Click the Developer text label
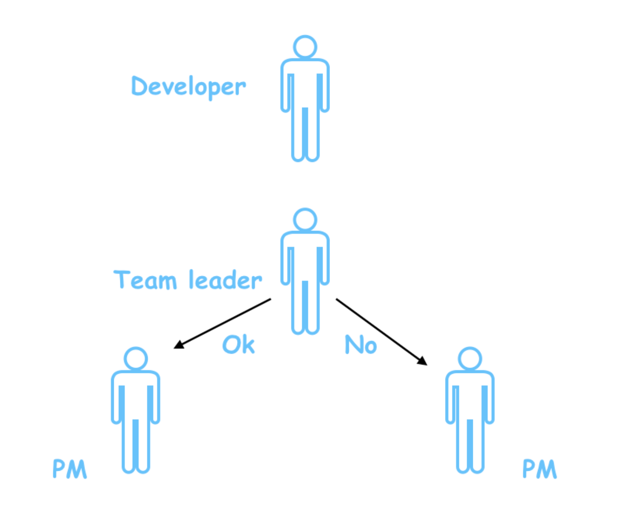pyautogui.click(x=188, y=87)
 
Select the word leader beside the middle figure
pyautogui.click(x=225, y=280)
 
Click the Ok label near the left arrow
pyautogui.click(x=238, y=344)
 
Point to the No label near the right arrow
pyautogui.click(x=360, y=345)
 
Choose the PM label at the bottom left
pyautogui.click(x=70, y=469)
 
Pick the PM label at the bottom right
pyautogui.click(x=540, y=469)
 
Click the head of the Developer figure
pyautogui.click(x=305, y=47)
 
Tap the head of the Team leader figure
pyautogui.click(x=305, y=220)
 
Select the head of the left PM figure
pyautogui.click(x=136, y=359)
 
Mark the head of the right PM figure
pyautogui.click(x=470, y=359)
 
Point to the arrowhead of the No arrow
pyautogui.click(x=423, y=361)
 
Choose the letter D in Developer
pyautogui.click(x=139, y=86)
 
